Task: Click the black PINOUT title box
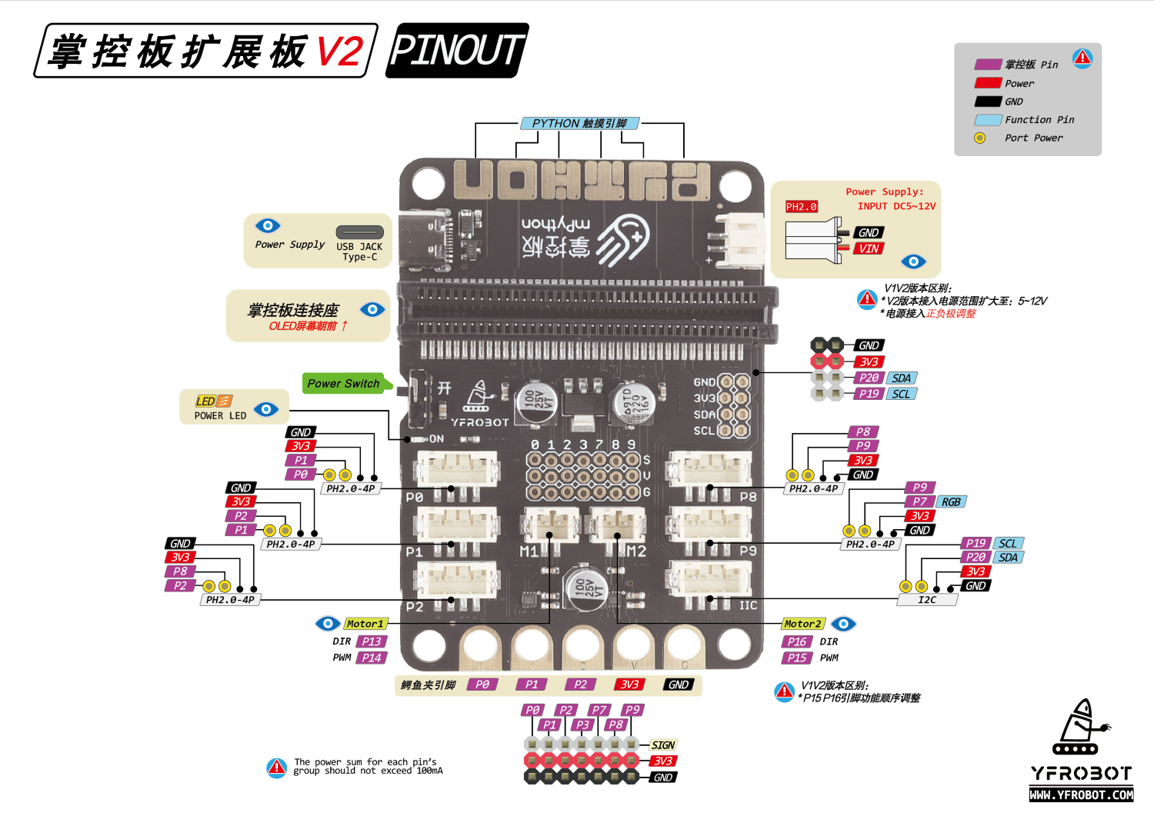(x=457, y=51)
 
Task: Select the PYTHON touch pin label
(x=579, y=123)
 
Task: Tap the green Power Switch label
(x=343, y=383)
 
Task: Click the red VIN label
(x=869, y=248)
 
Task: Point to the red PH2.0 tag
(x=801, y=207)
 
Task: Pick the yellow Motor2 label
(x=802, y=624)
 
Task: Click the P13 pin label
(x=372, y=641)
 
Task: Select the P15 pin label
(x=796, y=658)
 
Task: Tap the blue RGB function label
(x=951, y=501)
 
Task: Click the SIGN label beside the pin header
(x=662, y=745)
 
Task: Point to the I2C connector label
(x=927, y=600)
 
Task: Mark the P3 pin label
(x=582, y=724)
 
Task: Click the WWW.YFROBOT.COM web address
(x=1081, y=794)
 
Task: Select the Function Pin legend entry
(x=1039, y=120)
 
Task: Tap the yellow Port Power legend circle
(x=979, y=138)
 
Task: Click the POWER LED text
(x=220, y=416)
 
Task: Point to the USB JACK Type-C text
(x=359, y=251)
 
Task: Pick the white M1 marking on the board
(x=529, y=551)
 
